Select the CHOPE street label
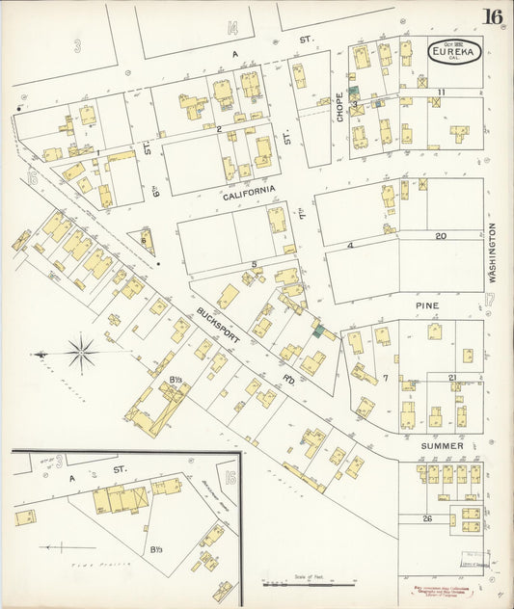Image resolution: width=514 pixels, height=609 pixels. click(x=339, y=106)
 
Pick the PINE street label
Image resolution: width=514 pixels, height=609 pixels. click(x=427, y=305)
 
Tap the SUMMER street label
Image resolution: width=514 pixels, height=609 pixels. click(x=441, y=446)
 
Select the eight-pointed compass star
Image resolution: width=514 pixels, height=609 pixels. click(x=81, y=353)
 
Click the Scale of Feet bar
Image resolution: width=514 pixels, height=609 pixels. click(x=289, y=583)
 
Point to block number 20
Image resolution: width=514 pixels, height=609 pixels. click(x=440, y=235)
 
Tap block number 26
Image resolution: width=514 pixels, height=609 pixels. click(x=426, y=519)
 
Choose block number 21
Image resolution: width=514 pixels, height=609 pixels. click(x=451, y=377)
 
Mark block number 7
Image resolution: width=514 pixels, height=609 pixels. click(x=384, y=378)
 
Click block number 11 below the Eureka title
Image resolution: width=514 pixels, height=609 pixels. click(x=440, y=92)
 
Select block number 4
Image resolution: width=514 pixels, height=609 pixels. click(x=351, y=245)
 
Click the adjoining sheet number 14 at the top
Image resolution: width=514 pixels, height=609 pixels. click(x=232, y=28)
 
